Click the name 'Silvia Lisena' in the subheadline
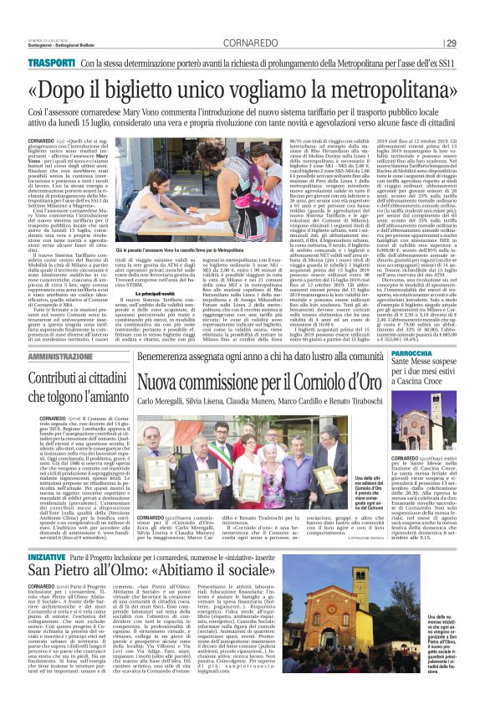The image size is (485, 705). point(217,402)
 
